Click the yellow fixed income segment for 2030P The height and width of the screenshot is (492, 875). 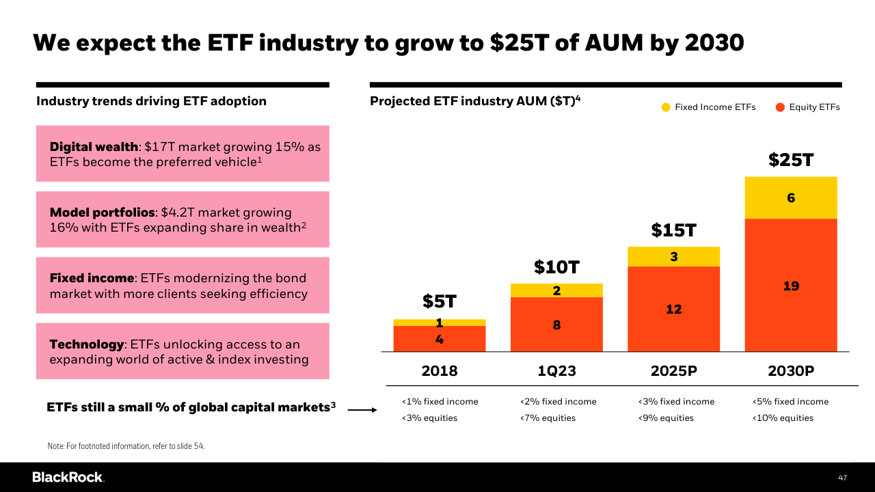pyautogui.click(x=791, y=197)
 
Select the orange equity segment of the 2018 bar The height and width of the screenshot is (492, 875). pyautogui.click(x=440, y=339)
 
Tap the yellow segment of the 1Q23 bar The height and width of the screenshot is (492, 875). pyautogui.click(x=556, y=290)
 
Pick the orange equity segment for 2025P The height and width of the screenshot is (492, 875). pyautogui.click(x=673, y=309)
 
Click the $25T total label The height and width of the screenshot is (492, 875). pyautogui.click(x=791, y=160)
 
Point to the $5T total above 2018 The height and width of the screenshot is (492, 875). pyautogui.click(x=440, y=301)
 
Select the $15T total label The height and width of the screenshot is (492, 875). pyautogui.click(x=673, y=230)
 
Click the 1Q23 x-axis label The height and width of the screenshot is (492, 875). pyautogui.click(x=556, y=371)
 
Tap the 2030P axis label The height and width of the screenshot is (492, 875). pyautogui.click(x=791, y=371)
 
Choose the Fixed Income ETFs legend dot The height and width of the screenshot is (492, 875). pyautogui.click(x=666, y=107)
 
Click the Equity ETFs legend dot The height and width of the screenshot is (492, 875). pyautogui.click(x=780, y=107)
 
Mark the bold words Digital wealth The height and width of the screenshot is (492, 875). pyautogui.click(x=94, y=147)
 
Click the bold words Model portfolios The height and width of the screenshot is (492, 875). pyautogui.click(x=103, y=213)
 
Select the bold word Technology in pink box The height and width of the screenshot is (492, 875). pyautogui.click(x=87, y=344)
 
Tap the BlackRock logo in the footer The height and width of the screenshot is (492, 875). pyautogui.click(x=68, y=477)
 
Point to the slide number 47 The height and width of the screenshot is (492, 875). pyautogui.click(x=843, y=478)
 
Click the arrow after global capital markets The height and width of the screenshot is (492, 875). pyautogui.click(x=362, y=410)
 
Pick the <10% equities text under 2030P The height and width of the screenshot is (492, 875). pyautogui.click(x=783, y=418)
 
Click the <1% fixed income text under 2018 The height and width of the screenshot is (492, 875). pyautogui.click(x=440, y=402)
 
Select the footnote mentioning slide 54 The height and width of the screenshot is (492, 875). pyautogui.click(x=126, y=446)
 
